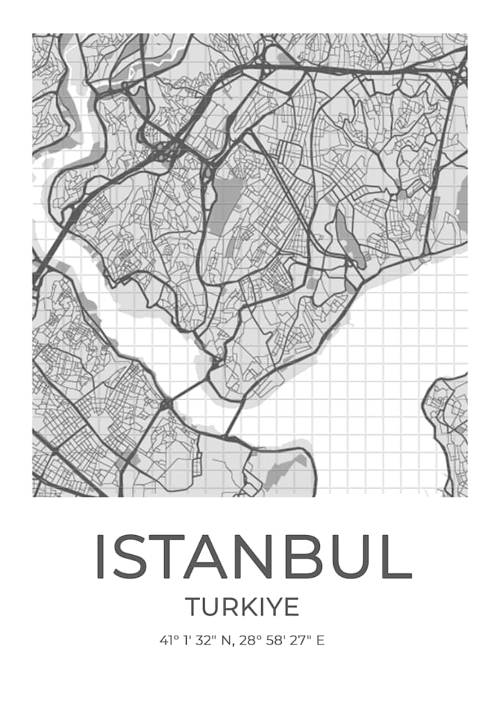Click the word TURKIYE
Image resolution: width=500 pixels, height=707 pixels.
[x=242, y=607]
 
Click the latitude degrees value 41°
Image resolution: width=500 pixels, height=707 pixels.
[x=168, y=640]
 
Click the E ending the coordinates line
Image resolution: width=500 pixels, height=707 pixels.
[x=321, y=640]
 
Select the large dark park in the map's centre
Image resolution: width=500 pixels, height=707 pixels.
[x=226, y=198]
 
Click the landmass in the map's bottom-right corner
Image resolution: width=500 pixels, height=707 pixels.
[x=449, y=434]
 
